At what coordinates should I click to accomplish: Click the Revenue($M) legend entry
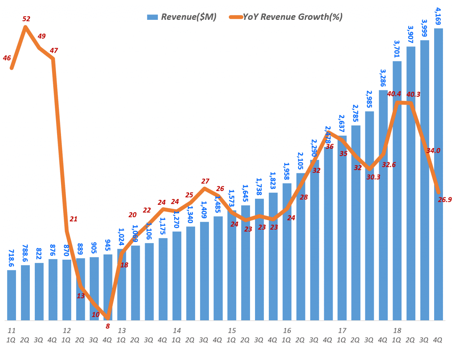pos(182,17)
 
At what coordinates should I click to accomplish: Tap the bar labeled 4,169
pos(438,174)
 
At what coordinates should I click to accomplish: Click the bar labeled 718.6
pos(12,295)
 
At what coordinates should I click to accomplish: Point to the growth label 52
pos(26,19)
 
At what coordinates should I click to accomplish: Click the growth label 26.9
pos(445,199)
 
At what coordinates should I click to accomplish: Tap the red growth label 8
pos(108,326)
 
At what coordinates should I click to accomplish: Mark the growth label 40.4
pos(394,94)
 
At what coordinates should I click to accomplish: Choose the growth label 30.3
pos(373,177)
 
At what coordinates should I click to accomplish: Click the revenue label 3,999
pos(424,28)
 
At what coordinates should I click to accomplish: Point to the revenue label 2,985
pos(369,99)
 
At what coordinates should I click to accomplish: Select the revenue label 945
pos(107,245)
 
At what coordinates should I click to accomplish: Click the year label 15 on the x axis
pos(232,331)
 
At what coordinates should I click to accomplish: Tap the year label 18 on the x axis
pos(397,331)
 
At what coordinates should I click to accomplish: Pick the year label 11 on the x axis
pos(12,331)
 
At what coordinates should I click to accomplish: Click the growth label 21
pos(73,219)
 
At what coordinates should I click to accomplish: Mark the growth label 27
pos(205,181)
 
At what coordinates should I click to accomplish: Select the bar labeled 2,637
pos(342,227)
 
